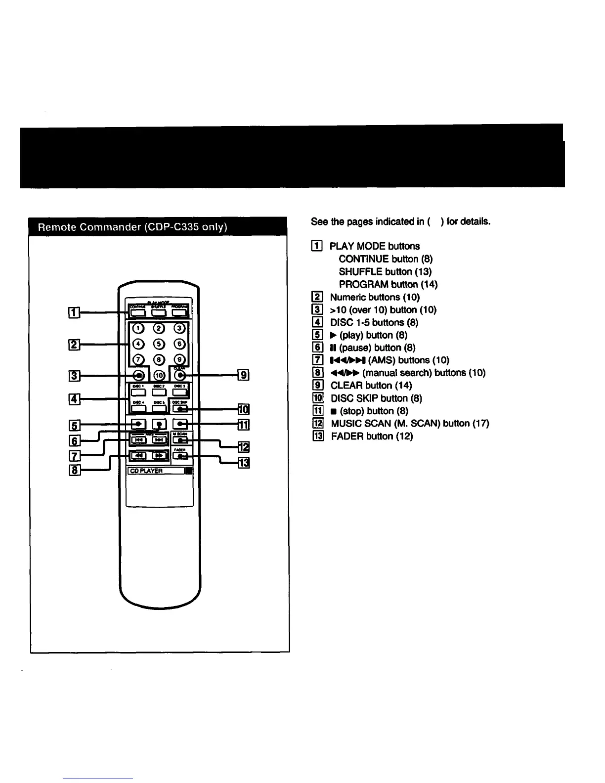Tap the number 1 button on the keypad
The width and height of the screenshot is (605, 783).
[x=139, y=328]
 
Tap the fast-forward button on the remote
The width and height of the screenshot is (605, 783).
[x=159, y=455]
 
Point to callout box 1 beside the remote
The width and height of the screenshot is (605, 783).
[x=74, y=311]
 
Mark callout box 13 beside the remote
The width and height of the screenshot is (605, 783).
[x=244, y=463]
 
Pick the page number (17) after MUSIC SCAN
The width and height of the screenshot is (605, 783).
[x=480, y=423]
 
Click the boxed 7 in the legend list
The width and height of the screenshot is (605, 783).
[x=318, y=360]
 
